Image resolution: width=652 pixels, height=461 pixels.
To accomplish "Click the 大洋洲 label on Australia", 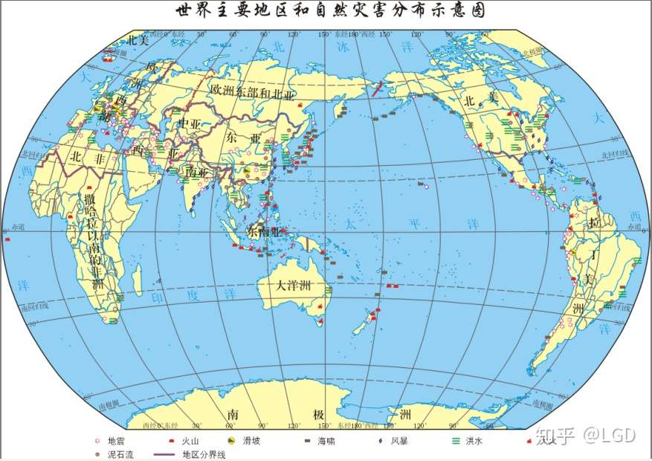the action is coord(293,285).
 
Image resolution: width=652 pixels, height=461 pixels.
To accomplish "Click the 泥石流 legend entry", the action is coord(112,453).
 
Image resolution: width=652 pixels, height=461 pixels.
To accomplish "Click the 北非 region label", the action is coord(85,157).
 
